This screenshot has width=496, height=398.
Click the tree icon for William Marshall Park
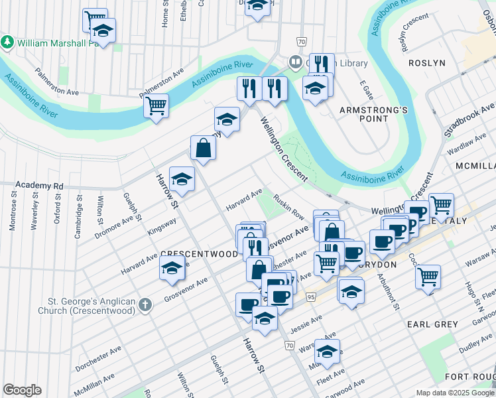[8, 42]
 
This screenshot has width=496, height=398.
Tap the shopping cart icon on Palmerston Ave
[156, 105]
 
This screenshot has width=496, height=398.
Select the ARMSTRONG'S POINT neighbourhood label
[363, 113]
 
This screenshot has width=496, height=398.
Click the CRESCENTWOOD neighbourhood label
[200, 254]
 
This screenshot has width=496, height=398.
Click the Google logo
[22, 390]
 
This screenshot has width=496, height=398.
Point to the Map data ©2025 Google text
[455, 393]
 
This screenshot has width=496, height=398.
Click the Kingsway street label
[162, 227]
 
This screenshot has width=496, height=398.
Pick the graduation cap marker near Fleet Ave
[327, 351]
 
